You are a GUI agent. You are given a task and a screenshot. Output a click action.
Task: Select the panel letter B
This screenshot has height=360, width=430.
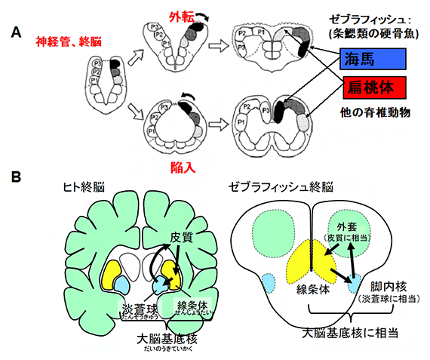(x=15, y=178)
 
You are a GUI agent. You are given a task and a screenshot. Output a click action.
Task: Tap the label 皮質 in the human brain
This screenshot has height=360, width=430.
(x=181, y=238)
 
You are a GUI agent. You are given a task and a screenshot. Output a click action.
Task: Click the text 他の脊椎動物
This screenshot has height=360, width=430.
(x=373, y=111)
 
